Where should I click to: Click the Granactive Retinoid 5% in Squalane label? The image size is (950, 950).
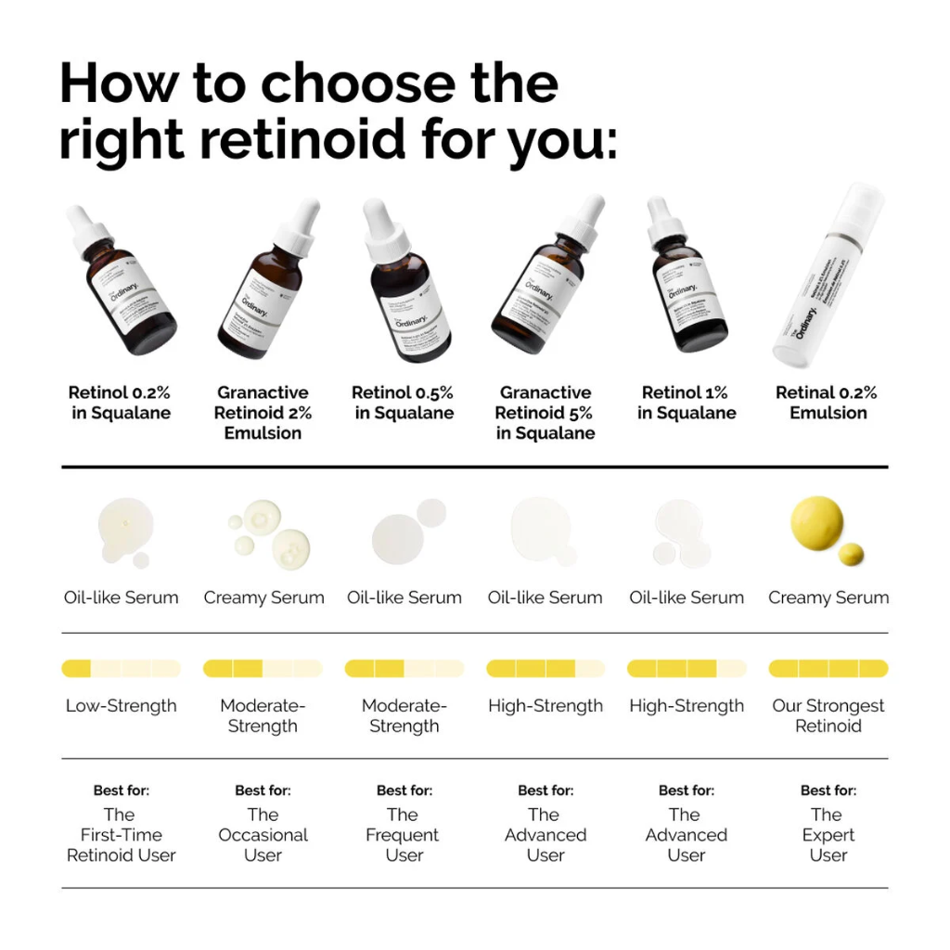545,413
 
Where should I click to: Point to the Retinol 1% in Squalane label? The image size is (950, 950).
687,403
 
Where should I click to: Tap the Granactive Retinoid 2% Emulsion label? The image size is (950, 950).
263,413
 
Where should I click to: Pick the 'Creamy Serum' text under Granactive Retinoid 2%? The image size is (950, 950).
263,597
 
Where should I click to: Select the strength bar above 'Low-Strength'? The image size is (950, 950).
121,668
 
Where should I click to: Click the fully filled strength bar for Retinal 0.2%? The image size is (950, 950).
828,668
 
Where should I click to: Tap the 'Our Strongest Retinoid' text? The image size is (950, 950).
828,715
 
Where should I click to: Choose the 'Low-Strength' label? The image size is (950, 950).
121,706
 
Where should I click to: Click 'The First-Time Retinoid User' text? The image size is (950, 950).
121,835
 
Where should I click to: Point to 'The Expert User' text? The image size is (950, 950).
828,835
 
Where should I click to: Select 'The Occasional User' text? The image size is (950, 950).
263,835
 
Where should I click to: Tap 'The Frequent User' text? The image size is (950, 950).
404,835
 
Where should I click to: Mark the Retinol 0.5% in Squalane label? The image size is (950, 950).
404,403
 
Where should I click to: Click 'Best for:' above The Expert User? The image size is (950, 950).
828,790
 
